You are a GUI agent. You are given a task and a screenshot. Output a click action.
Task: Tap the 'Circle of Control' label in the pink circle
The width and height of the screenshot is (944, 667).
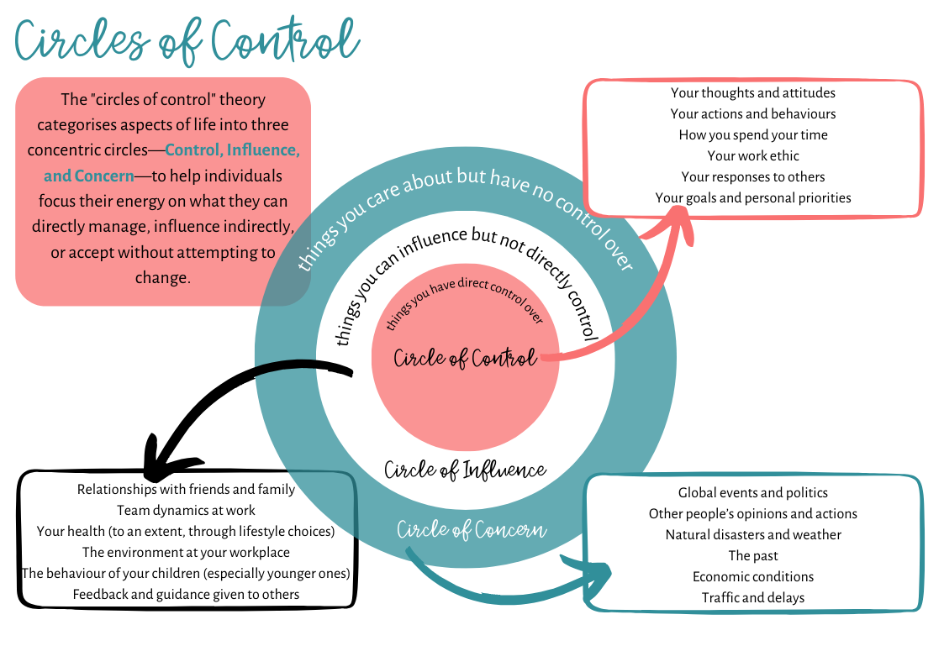pos(465,359)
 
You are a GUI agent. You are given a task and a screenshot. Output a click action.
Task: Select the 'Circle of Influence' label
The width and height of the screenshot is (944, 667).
pos(465,470)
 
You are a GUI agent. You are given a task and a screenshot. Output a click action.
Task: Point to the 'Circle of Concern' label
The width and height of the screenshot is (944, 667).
pos(472,530)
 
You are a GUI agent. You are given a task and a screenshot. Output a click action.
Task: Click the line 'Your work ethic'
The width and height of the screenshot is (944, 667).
pos(752,155)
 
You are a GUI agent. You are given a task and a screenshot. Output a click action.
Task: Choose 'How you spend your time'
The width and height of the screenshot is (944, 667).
pos(752,134)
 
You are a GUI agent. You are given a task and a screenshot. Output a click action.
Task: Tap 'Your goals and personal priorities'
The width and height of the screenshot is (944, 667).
pos(752,197)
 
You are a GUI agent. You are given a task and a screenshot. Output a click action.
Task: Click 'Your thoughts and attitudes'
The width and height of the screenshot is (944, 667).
pos(752,92)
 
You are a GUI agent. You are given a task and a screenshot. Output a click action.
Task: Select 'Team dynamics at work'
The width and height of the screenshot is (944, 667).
pos(186,510)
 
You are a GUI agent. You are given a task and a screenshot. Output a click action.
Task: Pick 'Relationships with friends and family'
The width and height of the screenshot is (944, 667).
pos(186,489)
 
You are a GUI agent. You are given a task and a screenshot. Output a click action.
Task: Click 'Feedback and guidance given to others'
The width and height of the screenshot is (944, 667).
pos(186,594)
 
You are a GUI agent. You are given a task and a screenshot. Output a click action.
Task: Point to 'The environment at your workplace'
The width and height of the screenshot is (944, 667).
pos(186,552)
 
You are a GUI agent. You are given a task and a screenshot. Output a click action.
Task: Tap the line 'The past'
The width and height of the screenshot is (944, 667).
pos(752,555)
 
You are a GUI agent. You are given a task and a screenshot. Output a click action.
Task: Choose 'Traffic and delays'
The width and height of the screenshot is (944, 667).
pos(752,597)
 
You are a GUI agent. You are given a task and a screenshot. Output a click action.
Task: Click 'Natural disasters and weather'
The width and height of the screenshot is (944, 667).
pos(752,534)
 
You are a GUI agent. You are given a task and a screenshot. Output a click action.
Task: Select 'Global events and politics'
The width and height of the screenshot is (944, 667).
pos(752,492)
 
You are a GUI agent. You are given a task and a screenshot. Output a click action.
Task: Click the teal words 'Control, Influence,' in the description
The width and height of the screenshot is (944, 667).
pos(232,150)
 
